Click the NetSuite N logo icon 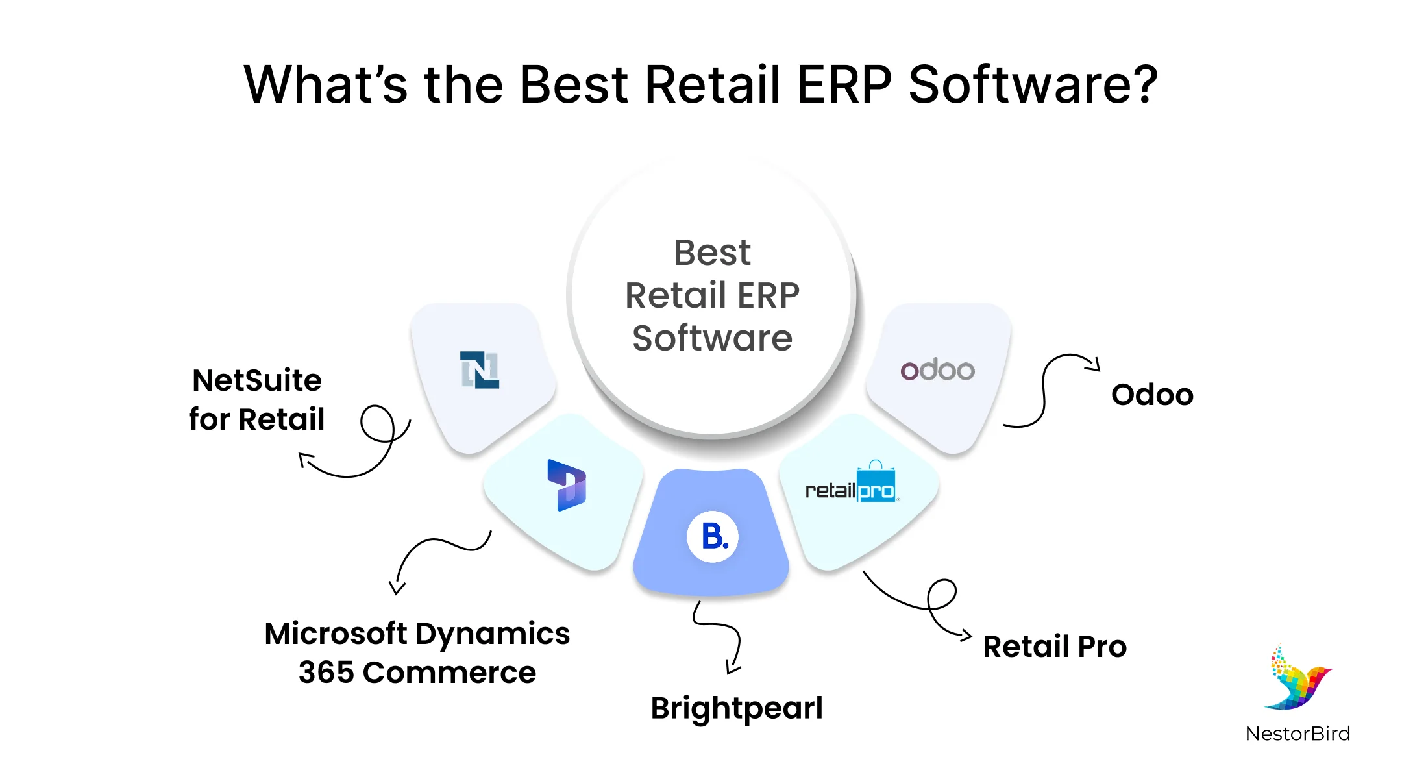pyautogui.click(x=480, y=370)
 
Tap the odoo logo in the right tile pyautogui.click(x=937, y=370)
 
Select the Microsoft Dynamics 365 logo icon pyautogui.click(x=567, y=485)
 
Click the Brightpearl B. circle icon pyautogui.click(x=713, y=537)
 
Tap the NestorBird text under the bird pyautogui.click(x=1297, y=734)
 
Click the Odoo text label pyautogui.click(x=1152, y=395)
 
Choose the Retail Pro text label pyautogui.click(x=1055, y=647)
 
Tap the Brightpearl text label pyautogui.click(x=737, y=708)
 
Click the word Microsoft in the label pyautogui.click(x=336, y=634)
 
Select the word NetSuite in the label pyautogui.click(x=257, y=380)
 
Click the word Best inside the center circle pyautogui.click(x=712, y=253)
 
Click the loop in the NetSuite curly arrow pyautogui.click(x=377, y=424)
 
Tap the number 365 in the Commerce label pyautogui.click(x=325, y=673)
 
